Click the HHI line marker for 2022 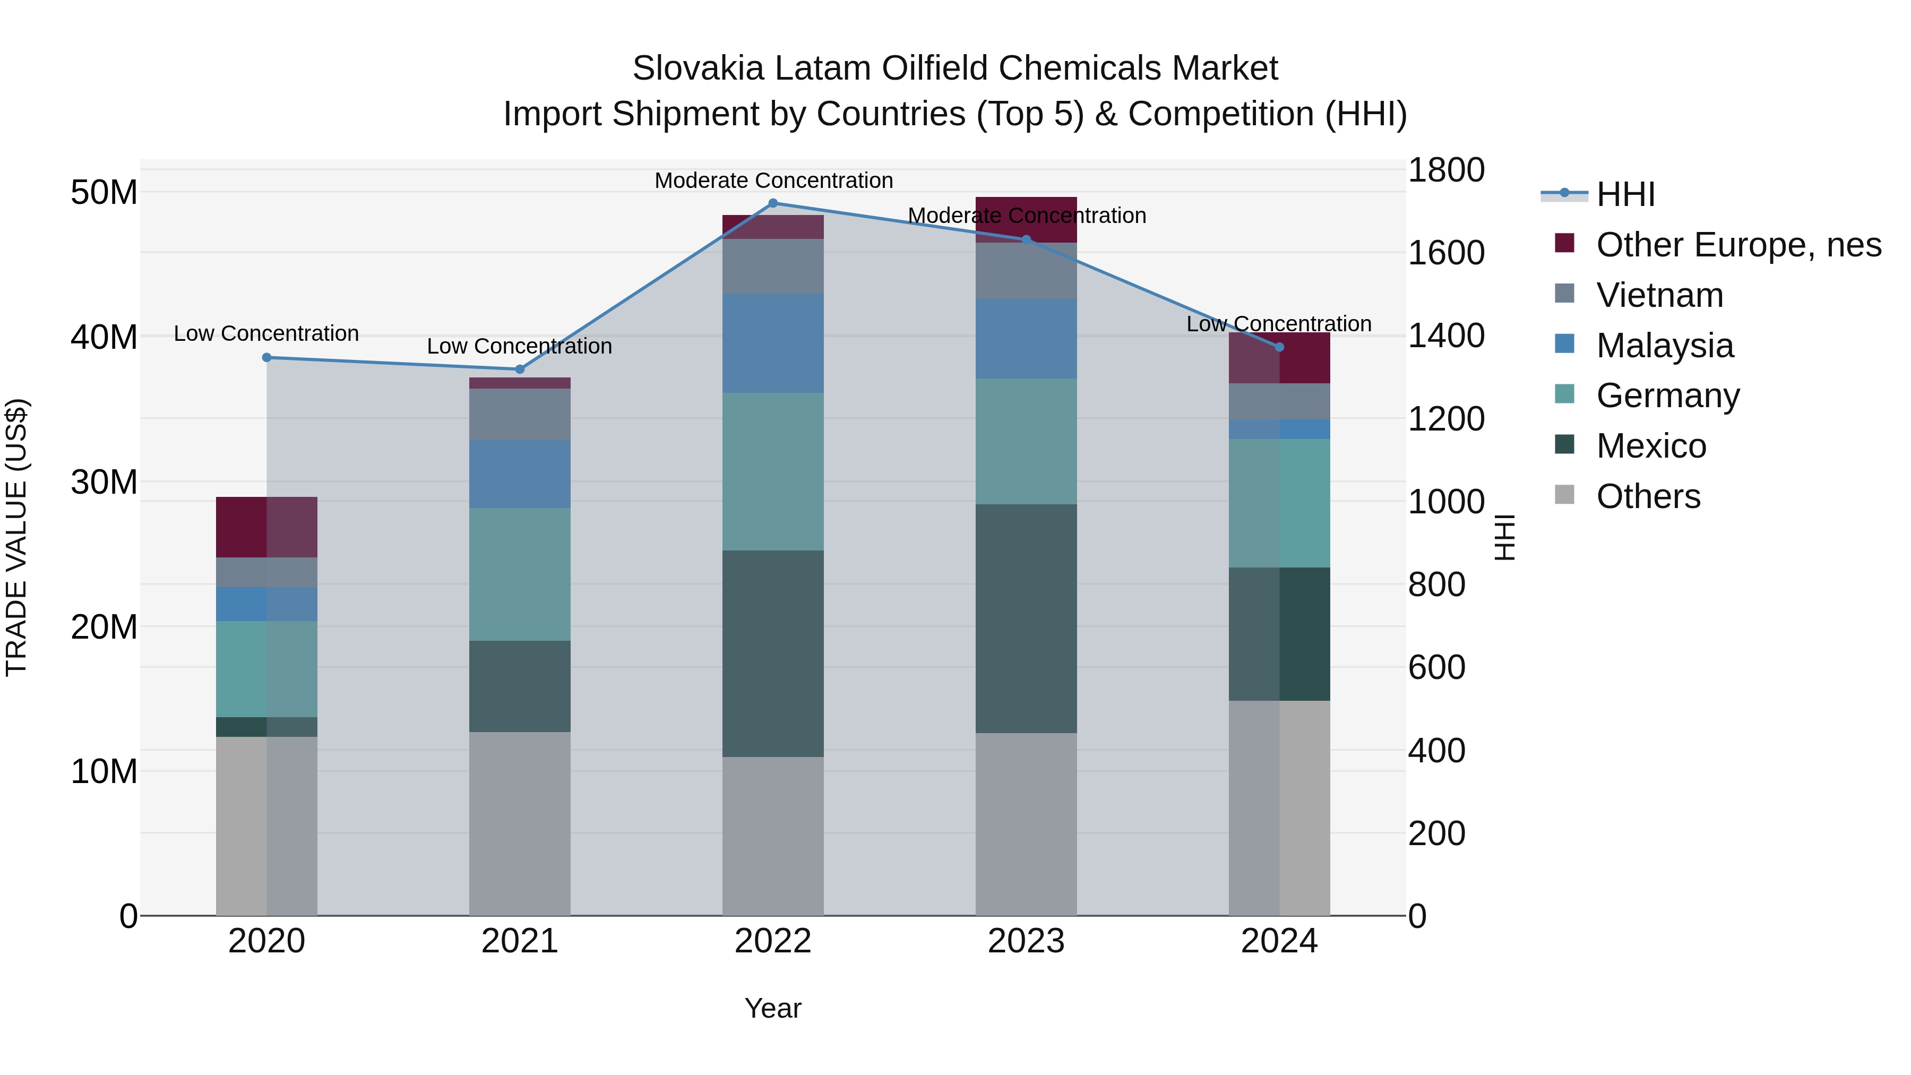pyautogui.click(x=773, y=203)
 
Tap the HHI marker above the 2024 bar pyautogui.click(x=1279, y=347)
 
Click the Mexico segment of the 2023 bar pyautogui.click(x=1026, y=619)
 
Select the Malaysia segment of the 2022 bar pyautogui.click(x=773, y=343)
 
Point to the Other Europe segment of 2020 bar pyautogui.click(x=266, y=527)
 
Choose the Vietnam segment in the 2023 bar pyautogui.click(x=1026, y=271)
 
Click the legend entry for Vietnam pyautogui.click(x=1659, y=295)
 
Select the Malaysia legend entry pyautogui.click(x=1665, y=346)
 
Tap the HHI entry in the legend pyautogui.click(x=1625, y=194)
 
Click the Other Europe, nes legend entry pyautogui.click(x=1738, y=245)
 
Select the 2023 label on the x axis pyautogui.click(x=1026, y=941)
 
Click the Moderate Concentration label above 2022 pyautogui.click(x=773, y=180)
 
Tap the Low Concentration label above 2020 pyautogui.click(x=266, y=334)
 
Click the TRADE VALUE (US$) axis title pyautogui.click(x=16, y=537)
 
